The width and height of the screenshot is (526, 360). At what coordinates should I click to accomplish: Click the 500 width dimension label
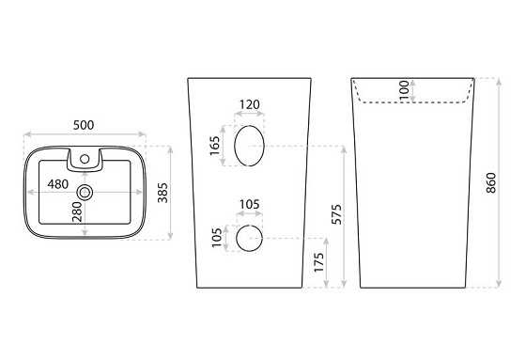pyautogui.click(x=84, y=125)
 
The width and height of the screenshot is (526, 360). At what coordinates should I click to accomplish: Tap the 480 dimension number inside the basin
pyautogui.click(x=57, y=184)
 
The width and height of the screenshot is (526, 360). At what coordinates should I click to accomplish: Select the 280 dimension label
pyautogui.click(x=77, y=211)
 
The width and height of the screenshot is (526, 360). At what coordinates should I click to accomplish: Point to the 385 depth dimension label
pyautogui.click(x=162, y=193)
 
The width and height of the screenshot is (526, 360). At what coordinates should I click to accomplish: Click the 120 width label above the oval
pyautogui.click(x=250, y=104)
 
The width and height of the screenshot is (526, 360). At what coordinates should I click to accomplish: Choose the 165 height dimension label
pyautogui.click(x=214, y=146)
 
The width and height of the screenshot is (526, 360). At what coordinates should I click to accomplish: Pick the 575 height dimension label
pyautogui.click(x=336, y=214)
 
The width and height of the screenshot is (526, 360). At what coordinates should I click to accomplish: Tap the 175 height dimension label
pyautogui.click(x=319, y=262)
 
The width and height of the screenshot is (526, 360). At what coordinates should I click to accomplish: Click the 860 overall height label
pyautogui.click(x=490, y=182)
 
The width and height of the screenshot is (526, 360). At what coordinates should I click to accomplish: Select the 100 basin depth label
pyautogui.click(x=404, y=89)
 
